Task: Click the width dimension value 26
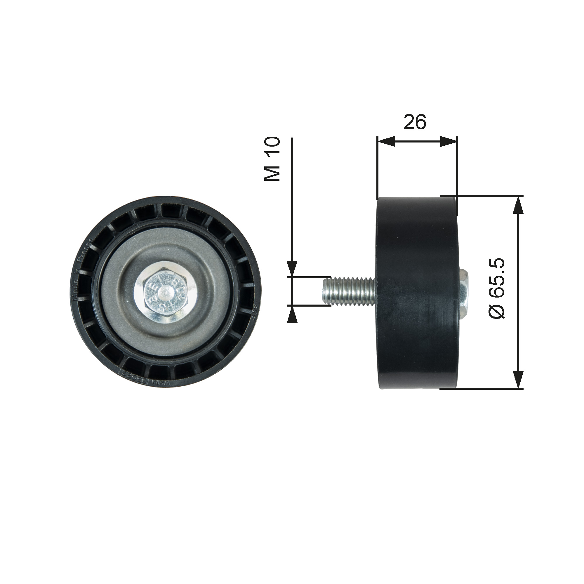click(x=415, y=122)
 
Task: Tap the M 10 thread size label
click(x=272, y=159)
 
